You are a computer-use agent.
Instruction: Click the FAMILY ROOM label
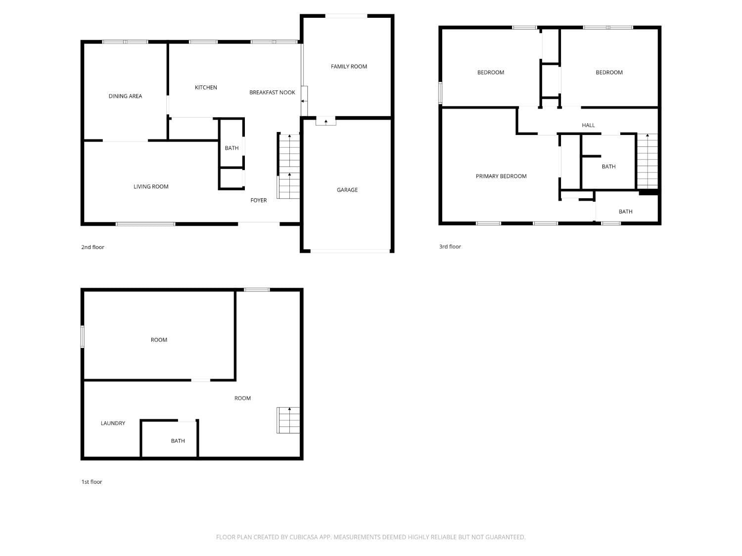pos(349,67)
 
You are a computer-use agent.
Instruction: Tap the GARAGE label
pos(347,190)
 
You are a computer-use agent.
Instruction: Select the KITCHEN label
pos(206,87)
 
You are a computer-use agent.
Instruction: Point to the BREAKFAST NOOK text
pos(272,92)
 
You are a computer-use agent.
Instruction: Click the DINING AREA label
pos(125,96)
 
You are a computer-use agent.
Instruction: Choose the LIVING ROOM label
pos(151,187)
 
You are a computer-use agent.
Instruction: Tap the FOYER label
pos(259,200)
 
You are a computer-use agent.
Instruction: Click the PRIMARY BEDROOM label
pos(501,176)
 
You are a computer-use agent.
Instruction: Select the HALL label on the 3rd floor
pos(588,126)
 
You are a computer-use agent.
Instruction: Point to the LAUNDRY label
pos(113,423)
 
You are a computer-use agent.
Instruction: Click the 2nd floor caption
pos(93,247)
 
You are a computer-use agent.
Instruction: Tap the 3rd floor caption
pos(450,247)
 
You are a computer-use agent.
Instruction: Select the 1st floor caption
pos(92,482)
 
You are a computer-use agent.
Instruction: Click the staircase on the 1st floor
pos(288,420)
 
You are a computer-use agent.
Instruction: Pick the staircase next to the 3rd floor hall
pos(647,161)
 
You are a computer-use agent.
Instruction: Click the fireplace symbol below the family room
pos(325,121)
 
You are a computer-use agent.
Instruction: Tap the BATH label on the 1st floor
pos(178,441)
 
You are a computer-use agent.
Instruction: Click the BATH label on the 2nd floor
pos(232,148)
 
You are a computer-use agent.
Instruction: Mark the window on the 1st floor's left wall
pos(83,337)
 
